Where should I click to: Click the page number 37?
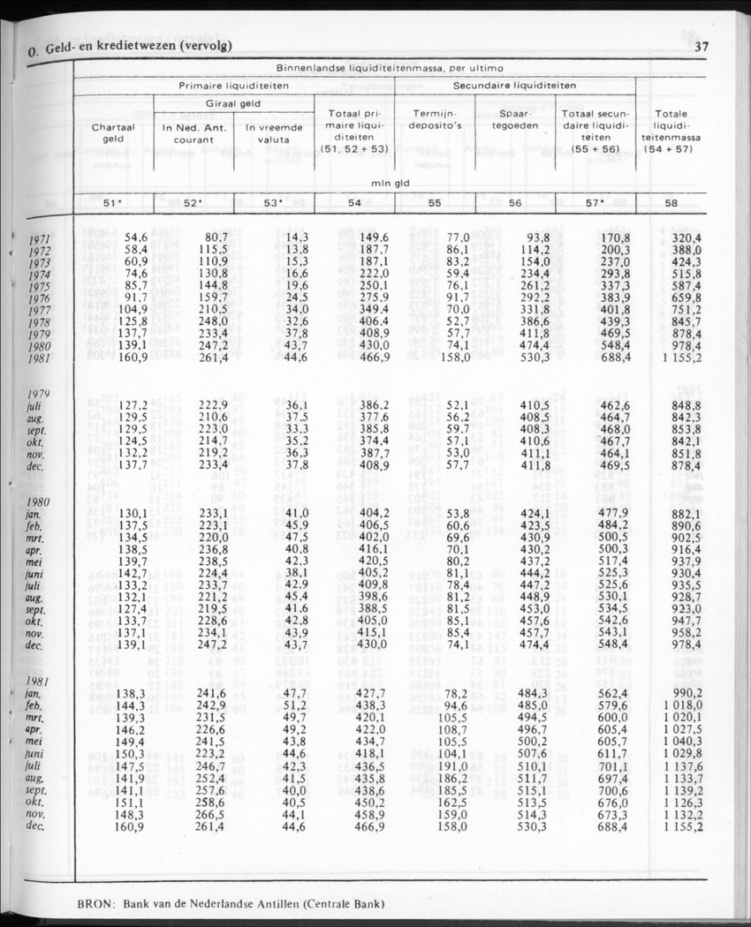coord(702,47)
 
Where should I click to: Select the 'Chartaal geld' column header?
coord(113,132)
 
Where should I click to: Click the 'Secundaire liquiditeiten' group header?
coord(514,86)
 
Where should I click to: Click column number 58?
coord(671,204)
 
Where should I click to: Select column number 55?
coord(434,204)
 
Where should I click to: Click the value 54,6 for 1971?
coord(134,237)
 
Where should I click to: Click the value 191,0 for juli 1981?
coord(452,768)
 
